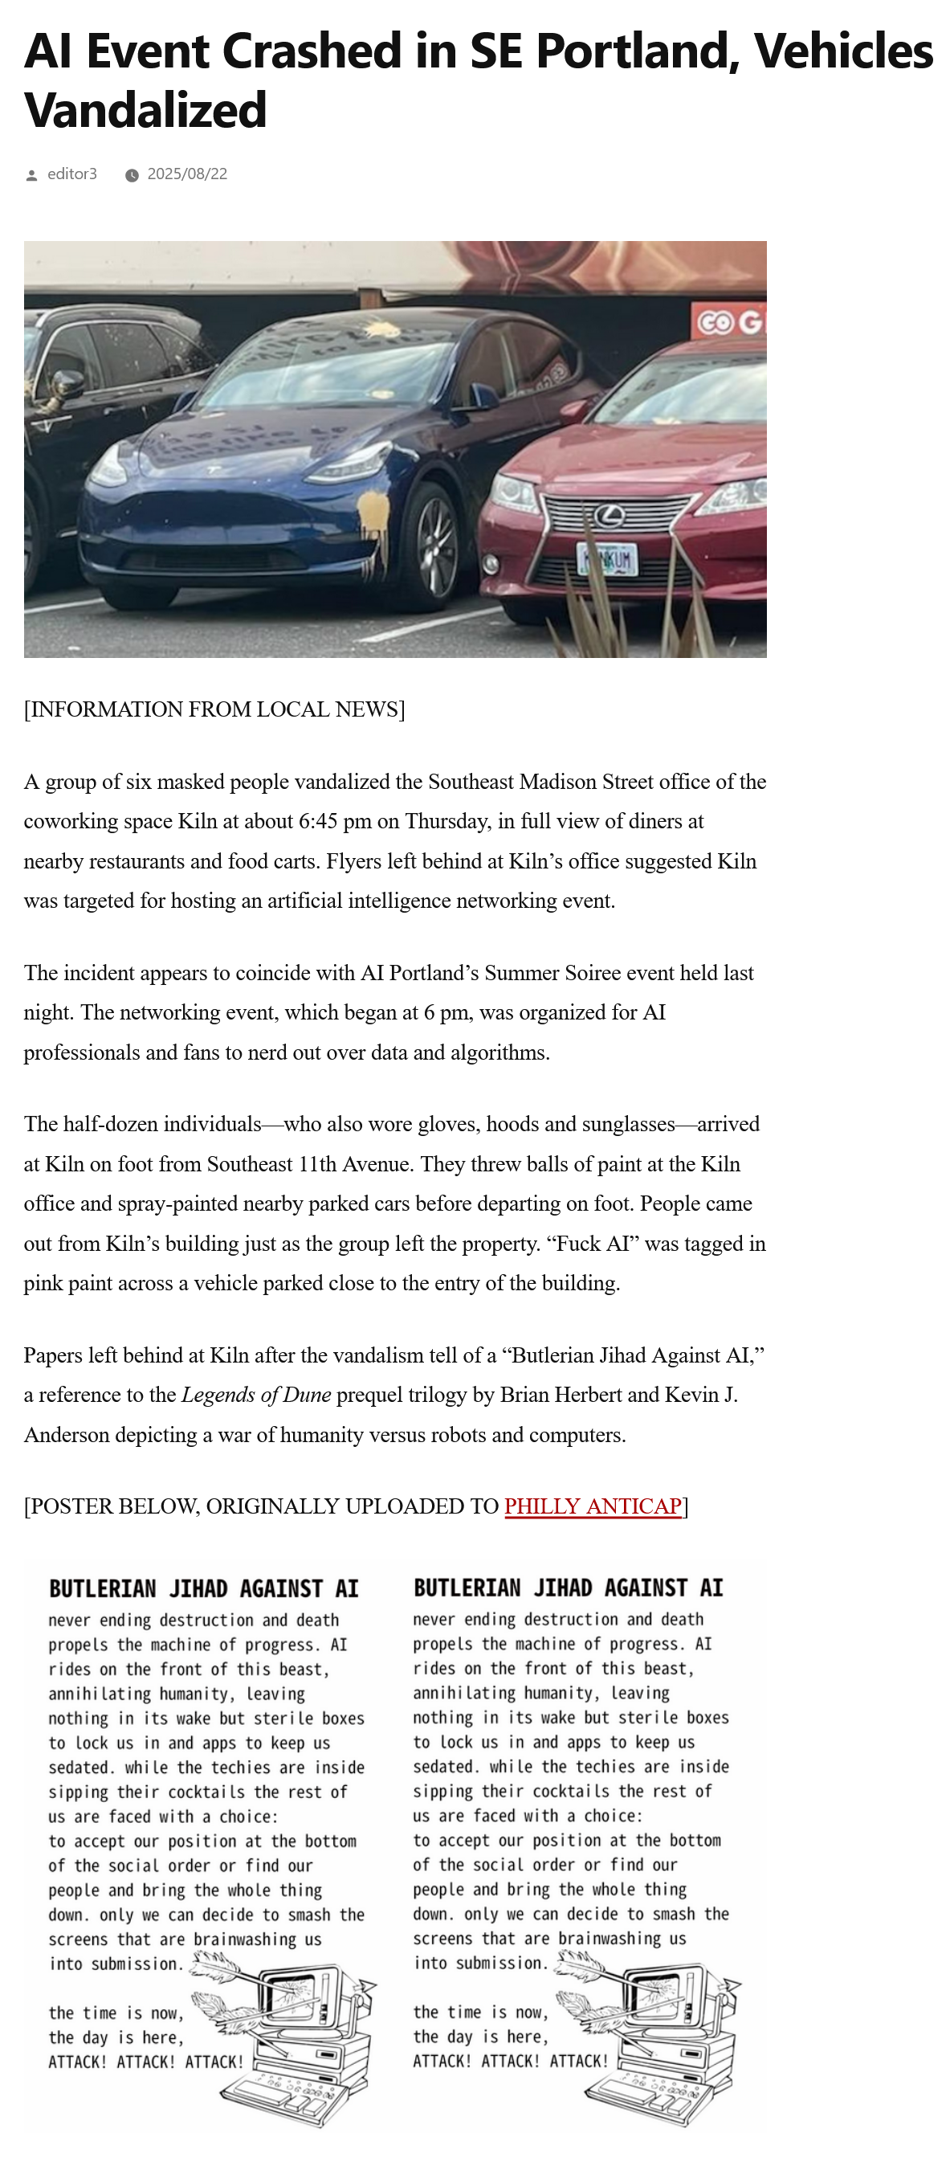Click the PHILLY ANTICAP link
tap(592, 1506)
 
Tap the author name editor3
tap(71, 174)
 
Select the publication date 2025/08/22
tap(187, 174)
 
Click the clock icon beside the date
tap(132, 175)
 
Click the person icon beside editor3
tap(32, 175)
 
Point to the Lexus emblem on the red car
tap(609, 514)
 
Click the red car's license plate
tap(607, 558)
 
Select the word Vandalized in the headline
tap(145, 110)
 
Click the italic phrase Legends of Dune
tap(256, 1395)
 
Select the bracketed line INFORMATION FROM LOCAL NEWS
tap(214, 709)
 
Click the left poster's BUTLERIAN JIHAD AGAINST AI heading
tap(204, 1589)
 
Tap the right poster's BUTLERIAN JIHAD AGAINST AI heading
tap(569, 1588)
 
